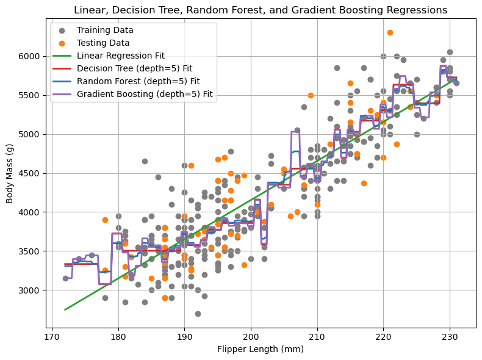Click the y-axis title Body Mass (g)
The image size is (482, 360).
pos(10,173)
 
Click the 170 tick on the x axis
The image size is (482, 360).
pos(52,335)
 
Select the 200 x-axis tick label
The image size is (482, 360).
pos(251,335)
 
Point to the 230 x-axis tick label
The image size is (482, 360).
pos(450,335)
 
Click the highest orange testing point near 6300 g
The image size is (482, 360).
pos(390,32)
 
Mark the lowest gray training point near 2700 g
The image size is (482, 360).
pos(198,314)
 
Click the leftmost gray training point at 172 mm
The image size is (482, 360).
pos(65,278)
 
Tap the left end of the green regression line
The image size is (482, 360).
pos(65,309)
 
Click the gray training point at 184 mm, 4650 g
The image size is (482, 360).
pos(145,161)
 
